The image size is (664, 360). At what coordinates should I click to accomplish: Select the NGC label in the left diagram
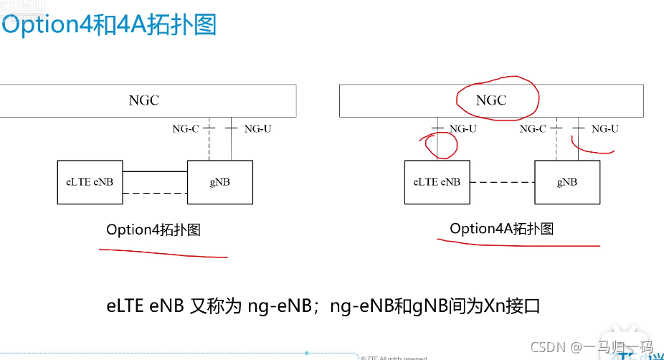click(144, 100)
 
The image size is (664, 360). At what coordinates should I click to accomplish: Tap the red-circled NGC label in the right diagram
click(491, 100)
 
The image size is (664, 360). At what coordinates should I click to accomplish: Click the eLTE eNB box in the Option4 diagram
click(85, 182)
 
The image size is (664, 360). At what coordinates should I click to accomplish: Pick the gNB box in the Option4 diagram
click(220, 182)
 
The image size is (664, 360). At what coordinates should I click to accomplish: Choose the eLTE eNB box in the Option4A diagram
click(436, 182)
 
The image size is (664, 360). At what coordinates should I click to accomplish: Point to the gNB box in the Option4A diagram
click(566, 182)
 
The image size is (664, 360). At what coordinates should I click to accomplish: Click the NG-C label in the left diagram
click(185, 129)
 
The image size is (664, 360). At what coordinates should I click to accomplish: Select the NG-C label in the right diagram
click(533, 129)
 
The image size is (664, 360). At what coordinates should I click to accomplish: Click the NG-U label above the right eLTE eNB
click(463, 129)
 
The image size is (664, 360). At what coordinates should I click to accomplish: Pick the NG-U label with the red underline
click(604, 129)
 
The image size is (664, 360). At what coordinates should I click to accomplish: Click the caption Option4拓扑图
click(153, 229)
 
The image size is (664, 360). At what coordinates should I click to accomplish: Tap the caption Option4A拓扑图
click(501, 229)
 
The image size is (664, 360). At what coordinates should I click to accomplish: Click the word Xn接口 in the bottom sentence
click(513, 306)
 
